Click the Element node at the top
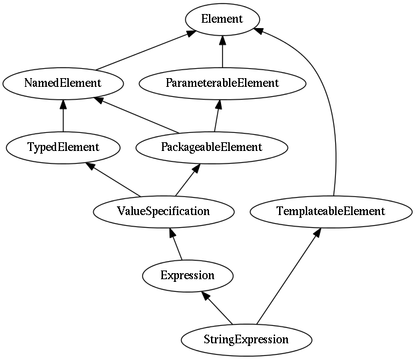(x=222, y=19)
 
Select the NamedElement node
(x=63, y=83)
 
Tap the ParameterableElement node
(x=222, y=83)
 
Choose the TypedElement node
(x=63, y=147)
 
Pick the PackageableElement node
(x=211, y=147)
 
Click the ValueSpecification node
(x=164, y=211)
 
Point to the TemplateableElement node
(x=331, y=211)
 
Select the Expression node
(x=188, y=275)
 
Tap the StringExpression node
(x=246, y=339)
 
